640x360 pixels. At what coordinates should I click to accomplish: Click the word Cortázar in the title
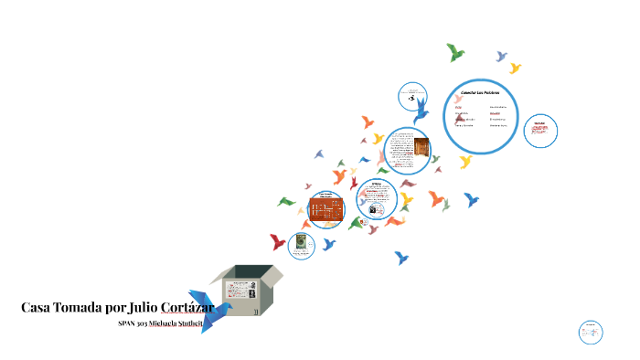click(x=182, y=308)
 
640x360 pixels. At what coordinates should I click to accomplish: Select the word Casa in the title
click(x=37, y=308)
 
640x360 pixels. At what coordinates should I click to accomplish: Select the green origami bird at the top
click(x=454, y=52)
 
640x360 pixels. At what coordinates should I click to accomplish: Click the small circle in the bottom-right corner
click(x=591, y=332)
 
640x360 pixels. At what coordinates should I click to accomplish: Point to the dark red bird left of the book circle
click(x=277, y=242)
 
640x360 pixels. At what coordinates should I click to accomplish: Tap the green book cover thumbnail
click(x=299, y=243)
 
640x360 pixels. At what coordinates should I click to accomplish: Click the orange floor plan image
click(x=325, y=209)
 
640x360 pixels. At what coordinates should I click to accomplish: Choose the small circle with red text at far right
click(x=540, y=130)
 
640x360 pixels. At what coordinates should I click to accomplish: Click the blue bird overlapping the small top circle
click(x=421, y=111)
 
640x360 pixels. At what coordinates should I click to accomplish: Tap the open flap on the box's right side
click(x=272, y=273)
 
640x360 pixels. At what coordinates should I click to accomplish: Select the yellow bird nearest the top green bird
click(x=515, y=68)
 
